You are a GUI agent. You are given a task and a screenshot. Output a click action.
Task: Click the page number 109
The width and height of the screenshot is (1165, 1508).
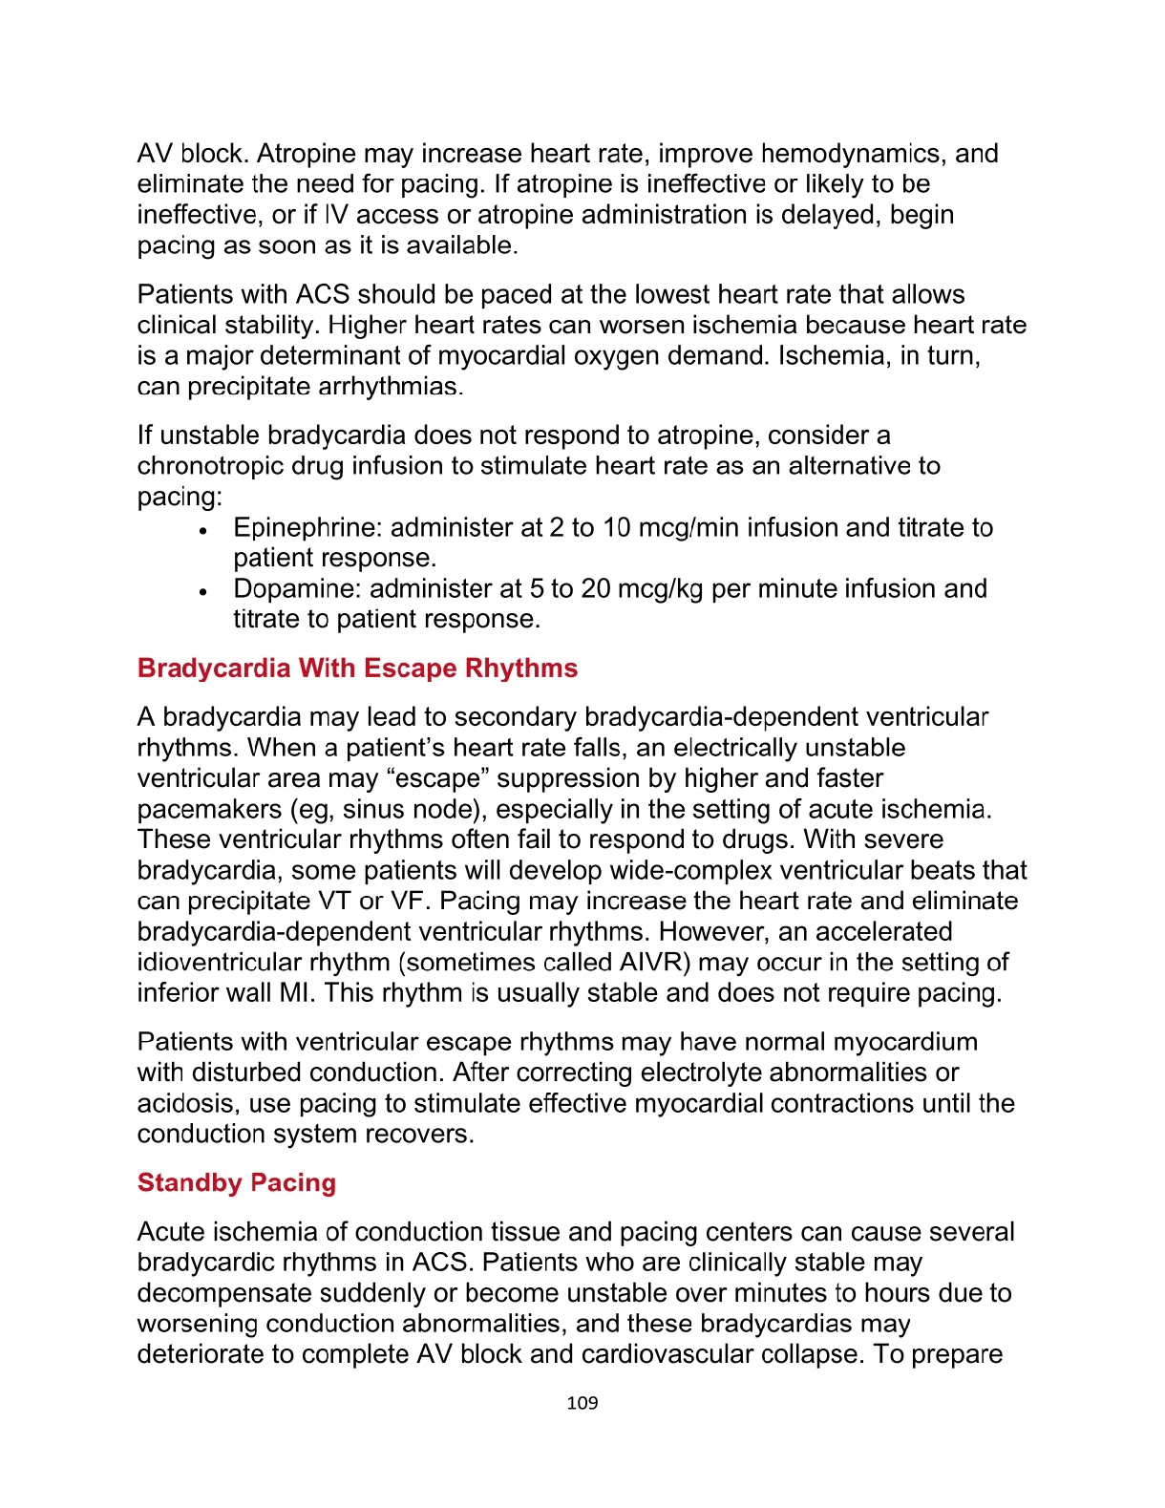pyautogui.click(x=582, y=1403)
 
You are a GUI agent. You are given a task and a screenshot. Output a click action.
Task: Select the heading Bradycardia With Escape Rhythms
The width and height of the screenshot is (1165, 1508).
pyautogui.click(x=357, y=668)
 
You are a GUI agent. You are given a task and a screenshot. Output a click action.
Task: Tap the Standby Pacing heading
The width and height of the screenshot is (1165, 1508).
pyautogui.click(x=237, y=1182)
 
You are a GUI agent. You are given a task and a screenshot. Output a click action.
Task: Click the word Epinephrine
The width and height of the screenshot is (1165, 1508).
pyautogui.click(x=307, y=527)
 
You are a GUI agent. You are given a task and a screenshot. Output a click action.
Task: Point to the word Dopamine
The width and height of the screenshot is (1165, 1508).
pyautogui.click(x=297, y=588)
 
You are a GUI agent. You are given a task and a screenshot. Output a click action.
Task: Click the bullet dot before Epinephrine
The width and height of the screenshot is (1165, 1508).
pyautogui.click(x=202, y=530)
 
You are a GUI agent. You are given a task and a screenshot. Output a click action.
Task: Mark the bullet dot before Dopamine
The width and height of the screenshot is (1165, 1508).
pyautogui.click(x=202, y=591)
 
